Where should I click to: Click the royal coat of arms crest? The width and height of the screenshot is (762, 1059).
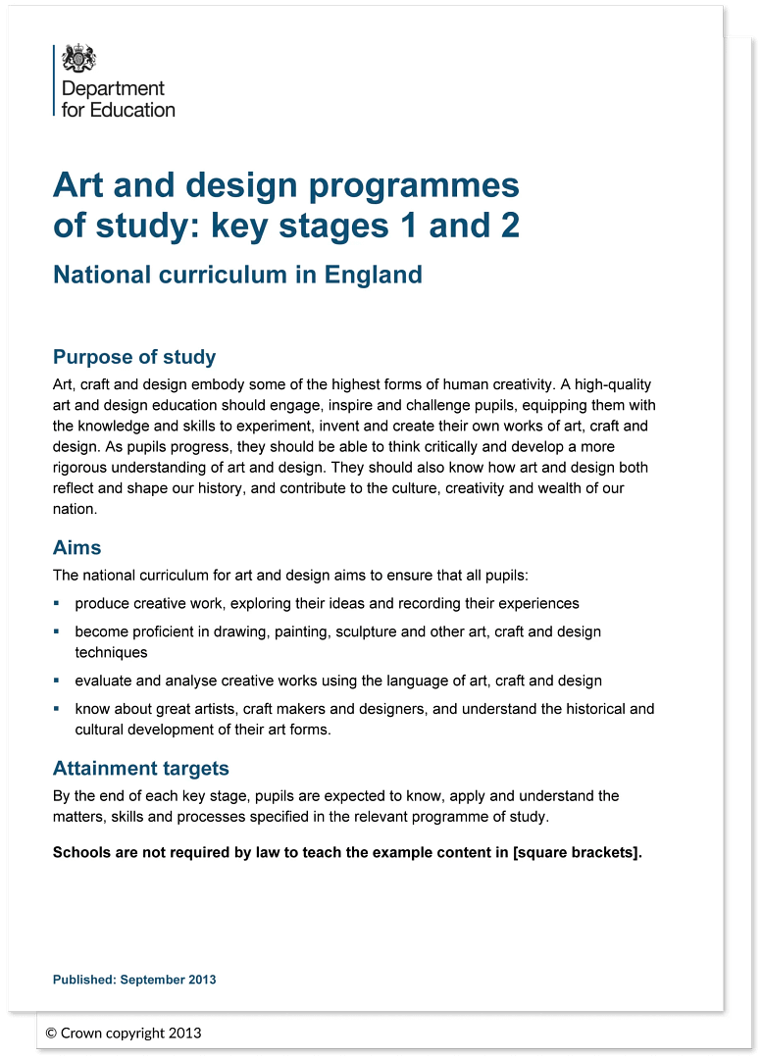pos(79,59)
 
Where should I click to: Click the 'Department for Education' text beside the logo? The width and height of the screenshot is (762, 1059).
pos(118,99)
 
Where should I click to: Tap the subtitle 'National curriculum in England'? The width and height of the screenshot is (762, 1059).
pos(237,274)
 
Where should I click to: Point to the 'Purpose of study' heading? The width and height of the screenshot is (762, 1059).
pos(134,357)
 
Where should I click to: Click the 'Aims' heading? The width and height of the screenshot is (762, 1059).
pos(76,547)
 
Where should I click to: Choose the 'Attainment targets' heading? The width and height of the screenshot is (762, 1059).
pos(140,768)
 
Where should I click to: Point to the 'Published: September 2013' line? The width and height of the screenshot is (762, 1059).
pos(134,980)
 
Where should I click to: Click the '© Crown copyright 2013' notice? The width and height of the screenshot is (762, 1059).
pos(124,1033)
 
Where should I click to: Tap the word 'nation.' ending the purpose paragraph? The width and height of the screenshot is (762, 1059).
pos(76,509)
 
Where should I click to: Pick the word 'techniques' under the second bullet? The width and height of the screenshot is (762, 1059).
pos(111,652)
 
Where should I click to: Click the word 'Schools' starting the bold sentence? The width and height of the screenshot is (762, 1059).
pos(81,852)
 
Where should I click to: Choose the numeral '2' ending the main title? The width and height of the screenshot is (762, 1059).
pos(507,226)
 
